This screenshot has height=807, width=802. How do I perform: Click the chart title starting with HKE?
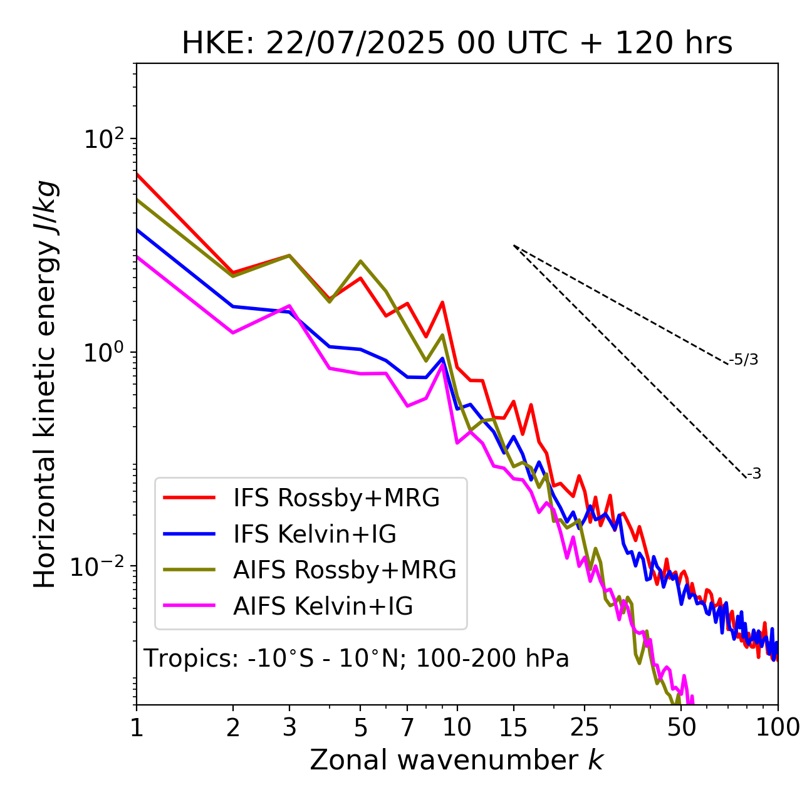point(457,44)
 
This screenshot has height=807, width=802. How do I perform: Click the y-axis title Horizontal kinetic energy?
point(45,385)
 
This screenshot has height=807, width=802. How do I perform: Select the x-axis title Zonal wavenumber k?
point(456,759)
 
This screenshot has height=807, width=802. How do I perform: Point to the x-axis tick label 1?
point(137,727)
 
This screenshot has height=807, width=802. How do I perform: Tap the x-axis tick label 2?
point(233,727)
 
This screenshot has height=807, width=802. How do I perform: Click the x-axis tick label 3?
point(289,727)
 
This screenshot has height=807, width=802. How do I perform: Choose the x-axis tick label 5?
point(360,727)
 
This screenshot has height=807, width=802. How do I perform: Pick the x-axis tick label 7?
point(407,727)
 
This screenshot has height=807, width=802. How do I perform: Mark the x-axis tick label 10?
point(457,727)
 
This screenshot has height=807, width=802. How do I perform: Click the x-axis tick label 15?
point(513,727)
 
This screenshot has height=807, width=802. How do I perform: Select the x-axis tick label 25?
point(585,727)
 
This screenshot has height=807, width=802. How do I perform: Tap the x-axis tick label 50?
point(682,727)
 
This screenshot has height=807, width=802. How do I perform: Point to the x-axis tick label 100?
point(778,727)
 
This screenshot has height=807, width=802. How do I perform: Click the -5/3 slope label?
point(744,360)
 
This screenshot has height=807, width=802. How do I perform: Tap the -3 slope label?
point(754,474)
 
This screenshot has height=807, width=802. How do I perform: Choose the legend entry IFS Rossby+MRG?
point(336,498)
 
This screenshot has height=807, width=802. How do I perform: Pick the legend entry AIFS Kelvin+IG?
point(323,607)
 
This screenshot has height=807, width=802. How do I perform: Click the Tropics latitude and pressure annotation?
point(357,659)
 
